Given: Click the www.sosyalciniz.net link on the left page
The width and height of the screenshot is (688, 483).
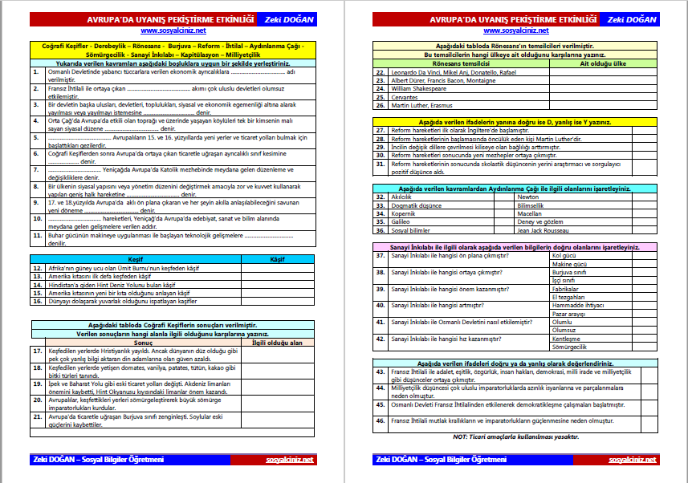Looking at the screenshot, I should coord(173,30).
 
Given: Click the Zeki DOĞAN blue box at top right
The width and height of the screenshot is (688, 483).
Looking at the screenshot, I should coord(631,18).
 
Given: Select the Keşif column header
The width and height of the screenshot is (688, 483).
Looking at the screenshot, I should coord(136,260).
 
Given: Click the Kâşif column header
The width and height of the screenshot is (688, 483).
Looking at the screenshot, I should coord(278,260).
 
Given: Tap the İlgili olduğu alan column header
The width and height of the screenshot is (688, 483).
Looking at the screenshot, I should coord(278,342).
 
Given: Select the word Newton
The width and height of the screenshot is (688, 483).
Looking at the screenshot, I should coord(527,197).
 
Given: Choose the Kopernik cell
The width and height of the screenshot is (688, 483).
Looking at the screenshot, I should coord(404,213).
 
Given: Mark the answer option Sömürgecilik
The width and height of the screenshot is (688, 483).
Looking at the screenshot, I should coord(572,347).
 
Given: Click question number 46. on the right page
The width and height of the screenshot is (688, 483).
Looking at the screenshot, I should coord(381,420).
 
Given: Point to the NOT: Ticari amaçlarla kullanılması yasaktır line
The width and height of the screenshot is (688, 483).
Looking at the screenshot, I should coord(516,436).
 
